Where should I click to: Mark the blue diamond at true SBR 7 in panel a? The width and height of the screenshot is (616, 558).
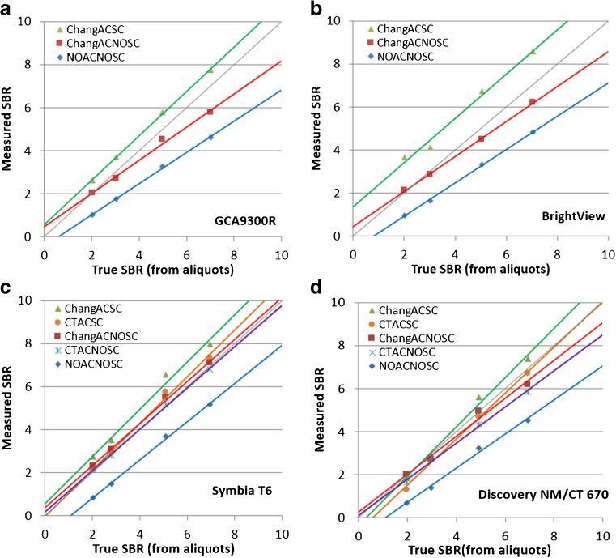[x=210, y=137]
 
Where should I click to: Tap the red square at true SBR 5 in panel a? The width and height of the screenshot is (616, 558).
[x=162, y=138]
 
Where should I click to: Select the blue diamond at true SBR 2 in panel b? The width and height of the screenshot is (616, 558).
[x=404, y=215]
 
